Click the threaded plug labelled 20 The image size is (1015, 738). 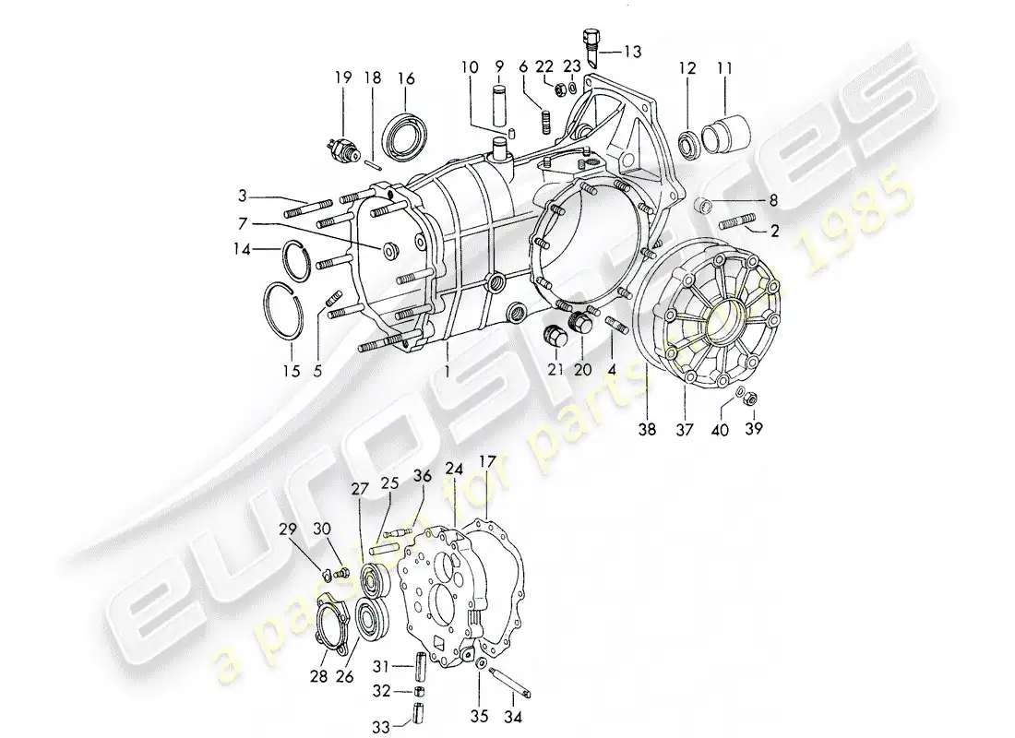[x=582, y=324]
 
